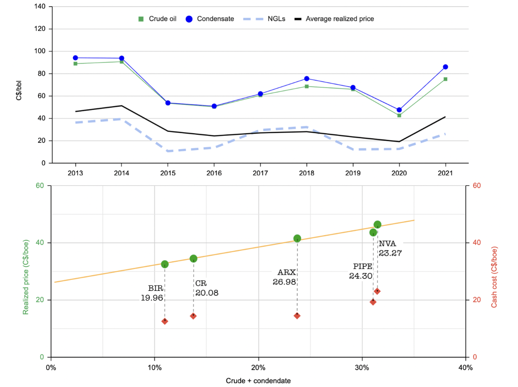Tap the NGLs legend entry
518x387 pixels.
[x=270, y=19]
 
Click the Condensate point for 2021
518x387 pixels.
[x=445, y=67]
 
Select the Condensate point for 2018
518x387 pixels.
[x=307, y=79]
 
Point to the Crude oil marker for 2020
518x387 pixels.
[x=399, y=115]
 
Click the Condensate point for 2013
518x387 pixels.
[x=75, y=58]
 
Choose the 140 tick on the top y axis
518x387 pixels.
[x=41, y=7]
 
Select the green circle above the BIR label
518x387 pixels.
[x=165, y=264]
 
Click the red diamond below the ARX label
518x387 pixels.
[x=297, y=316]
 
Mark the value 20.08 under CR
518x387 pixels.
[x=207, y=293]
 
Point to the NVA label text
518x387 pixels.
[x=387, y=244]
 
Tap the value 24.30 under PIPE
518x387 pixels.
[x=360, y=276]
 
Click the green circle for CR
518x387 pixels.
[x=193, y=259]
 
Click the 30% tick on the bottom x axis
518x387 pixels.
[x=362, y=368]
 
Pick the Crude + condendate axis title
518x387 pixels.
[x=258, y=381]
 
